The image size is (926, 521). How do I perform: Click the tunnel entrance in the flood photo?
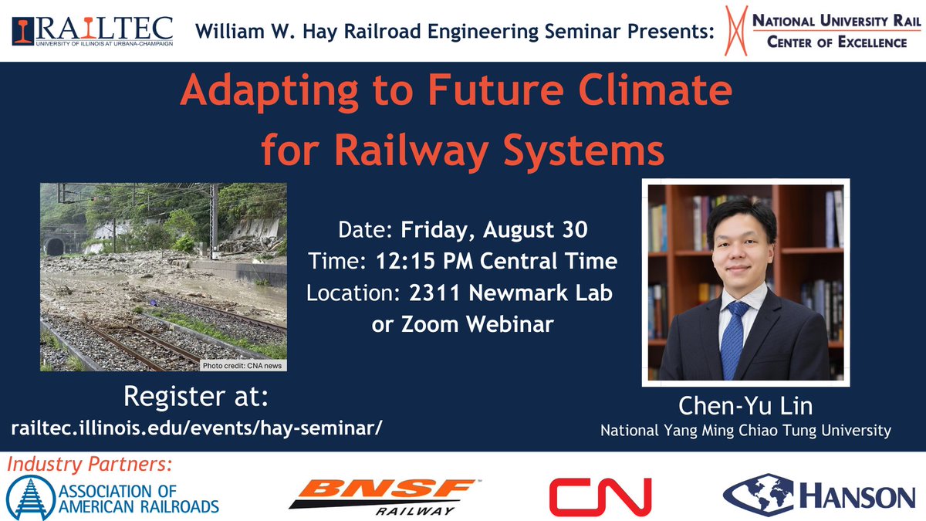(55, 247)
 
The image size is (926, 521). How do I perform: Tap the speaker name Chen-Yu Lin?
(745, 407)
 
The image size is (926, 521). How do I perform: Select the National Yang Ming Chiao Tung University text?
(745, 431)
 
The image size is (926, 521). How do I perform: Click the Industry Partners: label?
(88, 465)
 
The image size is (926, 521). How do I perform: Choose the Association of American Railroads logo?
(113, 497)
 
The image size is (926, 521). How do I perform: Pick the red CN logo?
(600, 496)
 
